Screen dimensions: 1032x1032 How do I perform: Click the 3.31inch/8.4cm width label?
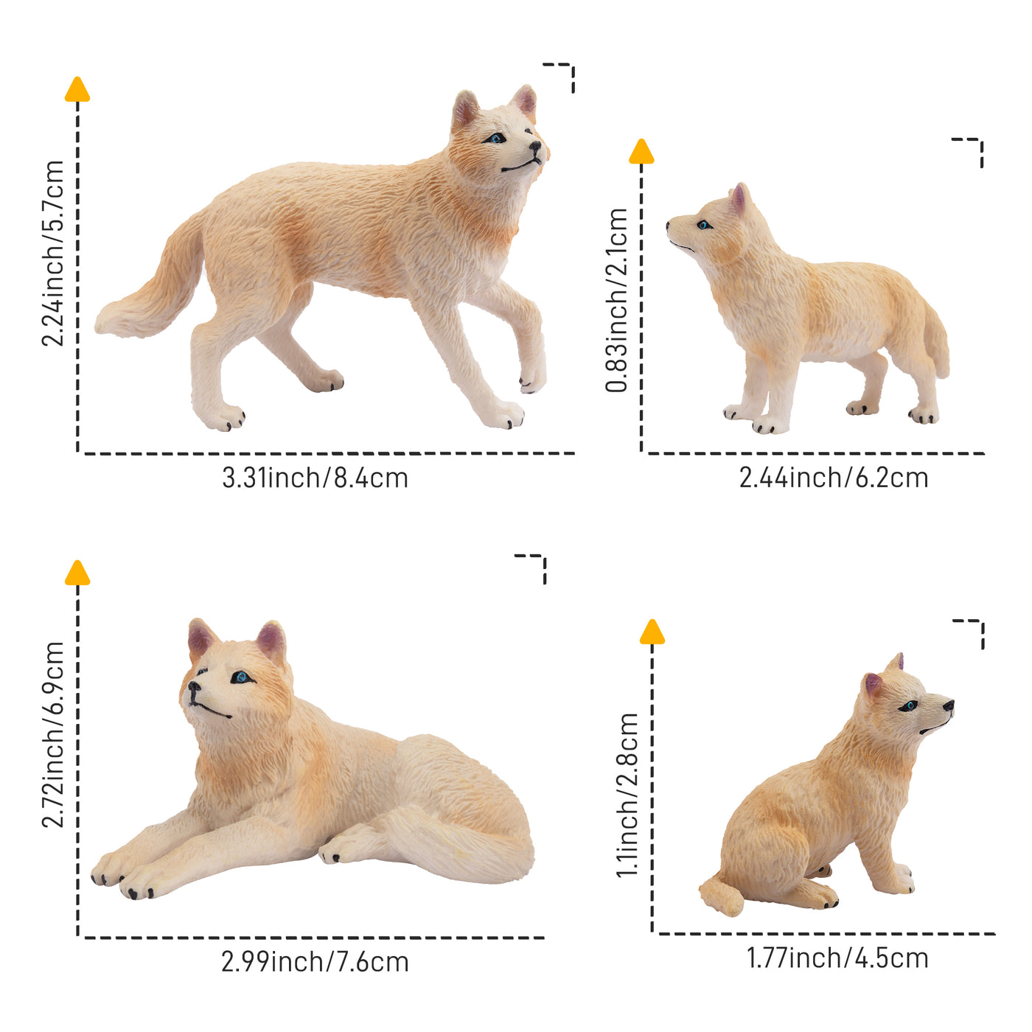315,478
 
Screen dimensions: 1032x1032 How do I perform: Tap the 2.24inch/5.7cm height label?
53,253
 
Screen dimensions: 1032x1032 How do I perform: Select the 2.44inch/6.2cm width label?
833,478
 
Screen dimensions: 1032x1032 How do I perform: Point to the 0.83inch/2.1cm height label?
617,299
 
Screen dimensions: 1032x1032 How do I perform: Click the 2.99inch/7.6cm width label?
315,962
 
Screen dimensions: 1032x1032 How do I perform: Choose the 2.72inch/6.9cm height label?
53,734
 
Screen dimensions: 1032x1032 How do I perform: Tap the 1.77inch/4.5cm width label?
837,958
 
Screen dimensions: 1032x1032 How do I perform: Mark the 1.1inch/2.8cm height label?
628,795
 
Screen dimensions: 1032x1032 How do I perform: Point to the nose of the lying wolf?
193,688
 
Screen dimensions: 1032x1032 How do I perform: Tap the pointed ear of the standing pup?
739,198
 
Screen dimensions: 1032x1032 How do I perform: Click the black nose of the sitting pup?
948,705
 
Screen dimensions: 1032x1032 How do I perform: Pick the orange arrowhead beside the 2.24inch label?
77,89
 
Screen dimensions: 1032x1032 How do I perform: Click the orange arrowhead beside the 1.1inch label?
652,632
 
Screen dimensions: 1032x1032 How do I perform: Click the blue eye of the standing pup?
704,225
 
